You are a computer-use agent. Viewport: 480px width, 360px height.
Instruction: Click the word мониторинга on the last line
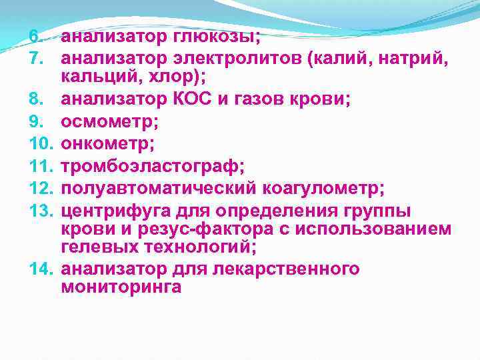(121, 287)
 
